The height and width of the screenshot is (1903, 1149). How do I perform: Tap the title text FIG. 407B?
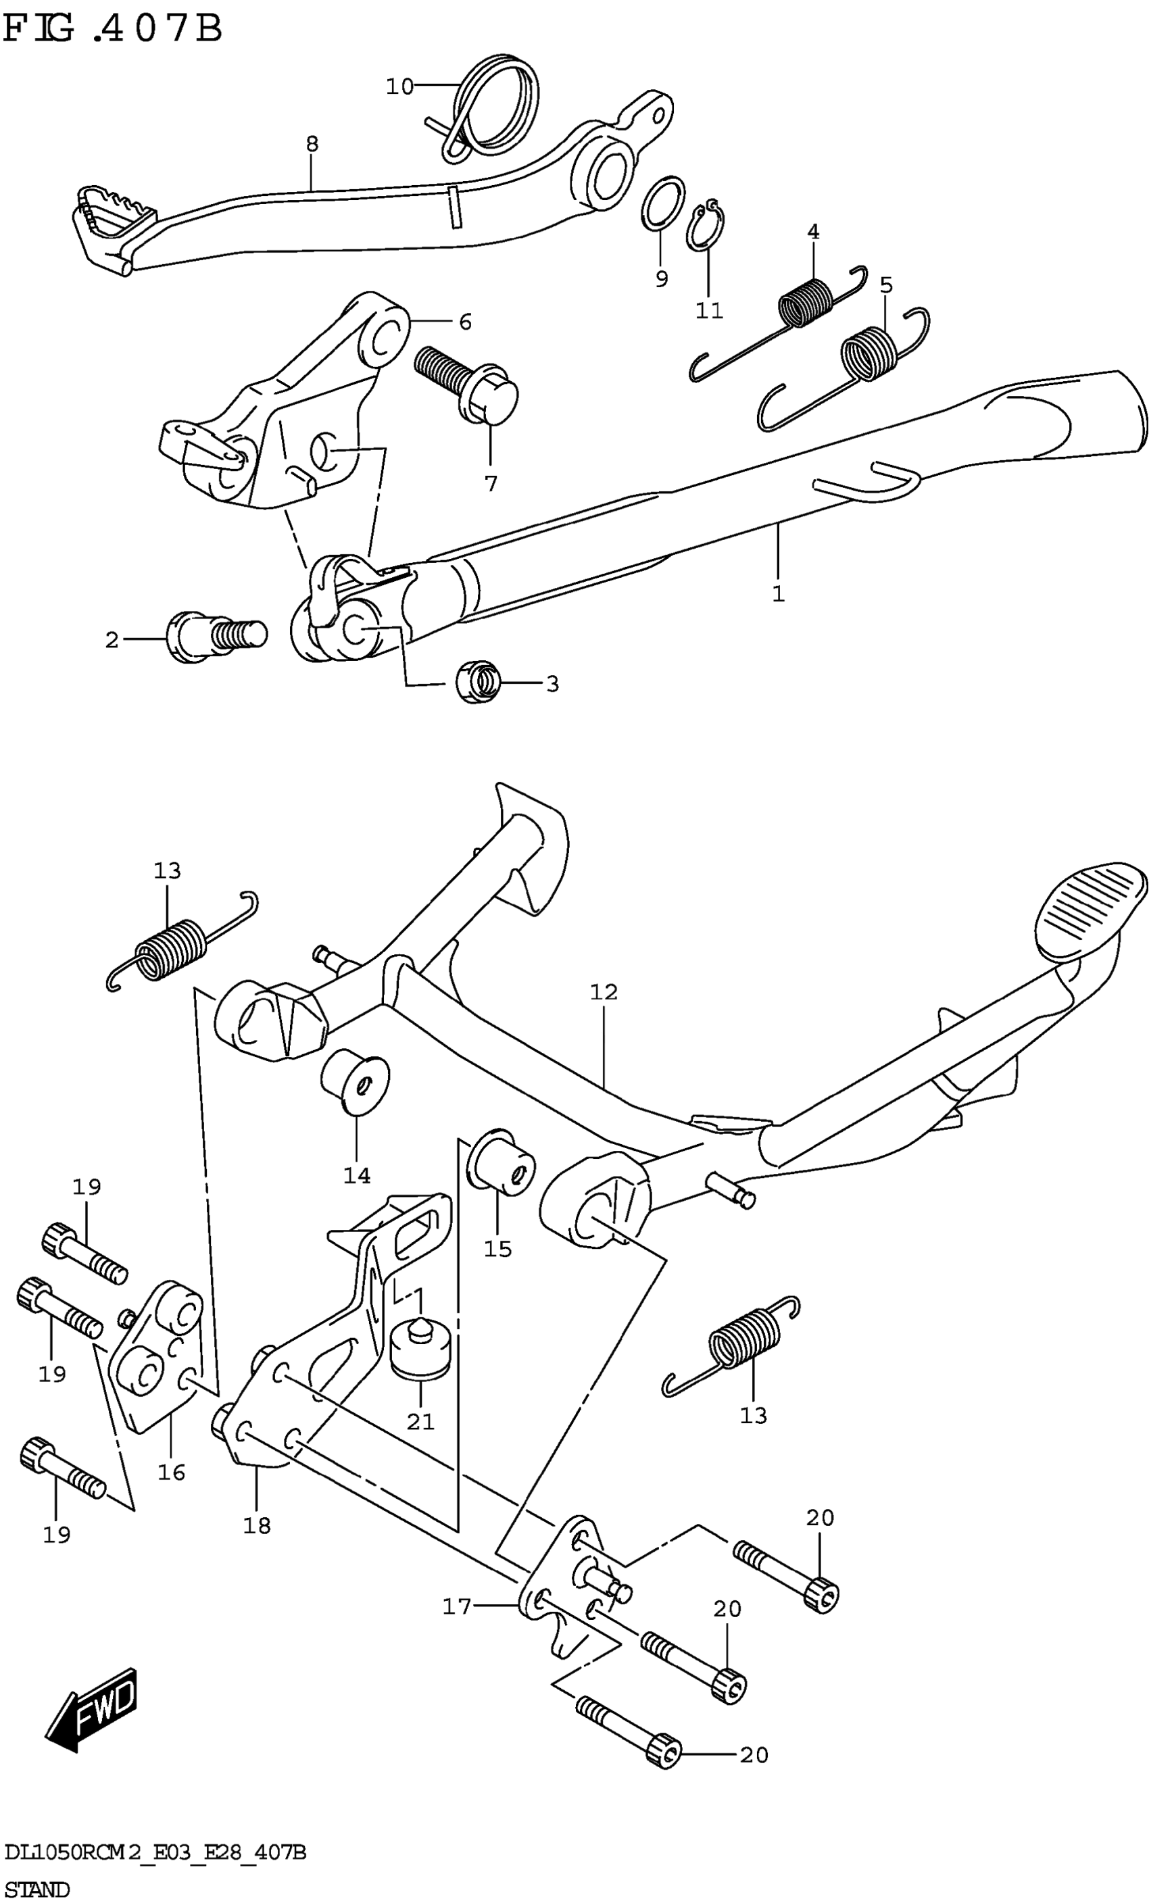coord(113,29)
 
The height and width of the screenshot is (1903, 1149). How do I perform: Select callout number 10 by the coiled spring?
coord(400,87)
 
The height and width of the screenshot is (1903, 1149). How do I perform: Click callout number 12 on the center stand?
coord(604,991)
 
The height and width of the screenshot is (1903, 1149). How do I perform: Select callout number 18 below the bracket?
coord(257,1525)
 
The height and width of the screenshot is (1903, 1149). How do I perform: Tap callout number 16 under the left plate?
coord(172,1472)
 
